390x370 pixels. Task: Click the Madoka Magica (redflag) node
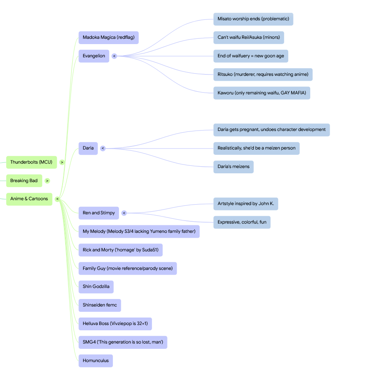pos(108,37)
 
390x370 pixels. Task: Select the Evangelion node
pos(94,56)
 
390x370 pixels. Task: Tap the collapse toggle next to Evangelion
pos(114,56)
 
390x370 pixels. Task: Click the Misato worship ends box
pos(253,19)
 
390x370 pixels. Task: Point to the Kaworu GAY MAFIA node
pos(262,93)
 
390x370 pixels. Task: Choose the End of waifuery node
pos(251,56)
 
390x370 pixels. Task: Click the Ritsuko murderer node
pos(263,75)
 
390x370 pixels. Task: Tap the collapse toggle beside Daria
pos(103,149)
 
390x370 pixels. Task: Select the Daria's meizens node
pos(233,167)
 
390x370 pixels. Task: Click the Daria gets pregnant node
pos(271,130)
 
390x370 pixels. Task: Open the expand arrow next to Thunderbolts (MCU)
pos(62,162)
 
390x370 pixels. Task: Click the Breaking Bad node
pos(24,181)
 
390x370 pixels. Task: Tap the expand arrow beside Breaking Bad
pos(47,181)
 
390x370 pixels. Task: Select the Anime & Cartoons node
pos(29,199)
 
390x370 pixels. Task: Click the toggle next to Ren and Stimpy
pos(124,213)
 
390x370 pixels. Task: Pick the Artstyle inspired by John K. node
pos(246,204)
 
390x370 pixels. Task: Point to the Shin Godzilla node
pos(96,287)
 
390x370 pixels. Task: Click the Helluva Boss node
pos(115,324)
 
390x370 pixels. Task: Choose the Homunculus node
pos(96,361)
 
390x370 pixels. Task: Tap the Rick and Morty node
pos(121,250)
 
